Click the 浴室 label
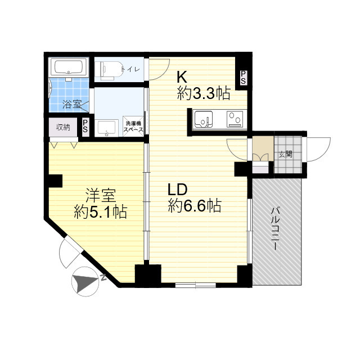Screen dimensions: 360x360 71,103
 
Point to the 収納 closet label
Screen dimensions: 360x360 62,127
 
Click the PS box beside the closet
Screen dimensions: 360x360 85,127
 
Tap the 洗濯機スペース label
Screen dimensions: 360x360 134,127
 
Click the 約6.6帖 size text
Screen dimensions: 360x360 194,206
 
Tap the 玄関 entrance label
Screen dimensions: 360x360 285,153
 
